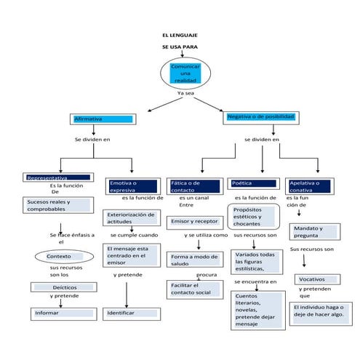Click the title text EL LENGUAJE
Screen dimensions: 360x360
coord(180,35)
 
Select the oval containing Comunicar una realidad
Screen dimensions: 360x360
coord(184,73)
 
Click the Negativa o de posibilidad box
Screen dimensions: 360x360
coord(260,116)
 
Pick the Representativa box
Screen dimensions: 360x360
coord(58,177)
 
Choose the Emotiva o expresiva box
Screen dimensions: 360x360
coord(132,186)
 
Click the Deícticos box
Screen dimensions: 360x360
coord(60,288)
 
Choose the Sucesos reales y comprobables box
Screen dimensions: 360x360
coord(58,205)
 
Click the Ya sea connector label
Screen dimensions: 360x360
coord(185,94)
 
